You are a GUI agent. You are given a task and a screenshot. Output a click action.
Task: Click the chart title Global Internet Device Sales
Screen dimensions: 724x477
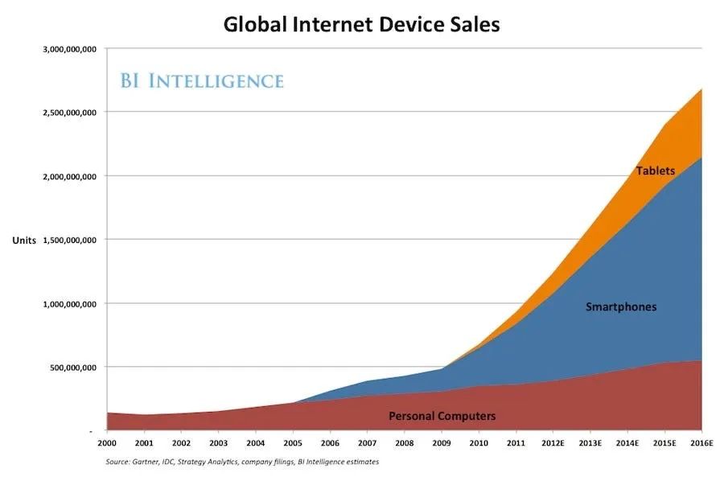[x=361, y=24]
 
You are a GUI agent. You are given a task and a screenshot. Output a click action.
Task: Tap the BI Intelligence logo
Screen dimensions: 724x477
[x=202, y=80]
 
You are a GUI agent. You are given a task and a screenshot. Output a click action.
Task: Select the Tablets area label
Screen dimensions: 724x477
[x=655, y=171]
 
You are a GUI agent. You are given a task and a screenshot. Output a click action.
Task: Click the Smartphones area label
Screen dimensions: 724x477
[x=621, y=307]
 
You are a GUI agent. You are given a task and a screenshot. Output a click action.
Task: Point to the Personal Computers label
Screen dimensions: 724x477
[x=442, y=416]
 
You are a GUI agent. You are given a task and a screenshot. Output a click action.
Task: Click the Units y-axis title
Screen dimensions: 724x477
[x=24, y=241]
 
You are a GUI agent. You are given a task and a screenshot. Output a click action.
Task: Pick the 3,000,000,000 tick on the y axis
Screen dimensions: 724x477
[x=70, y=49]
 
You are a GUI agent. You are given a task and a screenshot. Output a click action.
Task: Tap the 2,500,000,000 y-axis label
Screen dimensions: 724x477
[x=70, y=113]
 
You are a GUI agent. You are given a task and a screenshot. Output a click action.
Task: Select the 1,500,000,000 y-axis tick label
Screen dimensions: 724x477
[x=70, y=241]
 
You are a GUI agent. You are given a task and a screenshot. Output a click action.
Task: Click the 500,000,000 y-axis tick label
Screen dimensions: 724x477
[x=73, y=368]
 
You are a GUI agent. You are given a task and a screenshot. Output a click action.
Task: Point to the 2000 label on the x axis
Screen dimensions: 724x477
[x=107, y=443]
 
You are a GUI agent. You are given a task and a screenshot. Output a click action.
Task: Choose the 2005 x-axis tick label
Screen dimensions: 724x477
[x=293, y=443]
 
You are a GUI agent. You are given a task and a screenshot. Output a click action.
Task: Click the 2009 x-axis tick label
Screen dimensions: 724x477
[x=442, y=443]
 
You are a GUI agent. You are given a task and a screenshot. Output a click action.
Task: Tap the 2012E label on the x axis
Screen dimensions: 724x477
[x=553, y=443]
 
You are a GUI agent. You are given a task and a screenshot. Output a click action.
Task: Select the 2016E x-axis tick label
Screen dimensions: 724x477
[x=701, y=443]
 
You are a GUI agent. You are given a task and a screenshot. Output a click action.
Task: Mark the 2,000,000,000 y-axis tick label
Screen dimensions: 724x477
[x=70, y=176]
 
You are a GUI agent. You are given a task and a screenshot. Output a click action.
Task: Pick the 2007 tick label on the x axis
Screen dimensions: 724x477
[x=367, y=443]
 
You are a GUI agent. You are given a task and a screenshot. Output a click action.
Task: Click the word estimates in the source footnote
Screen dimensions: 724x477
[x=363, y=462]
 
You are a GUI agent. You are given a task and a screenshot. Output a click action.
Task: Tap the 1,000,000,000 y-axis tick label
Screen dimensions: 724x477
[x=70, y=304]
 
